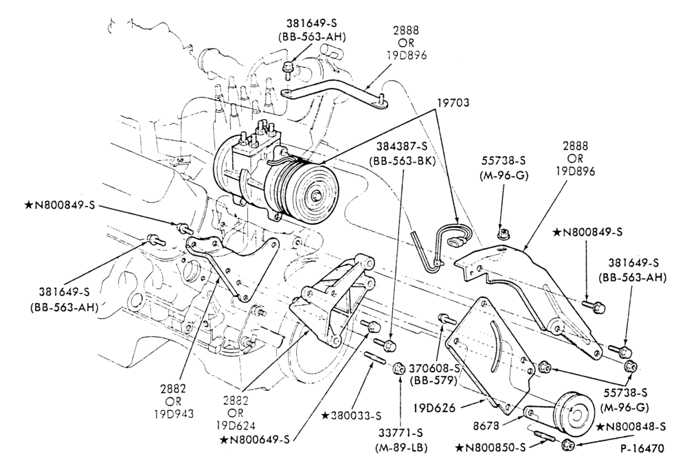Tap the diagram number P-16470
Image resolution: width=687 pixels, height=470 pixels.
pyautogui.click(x=642, y=449)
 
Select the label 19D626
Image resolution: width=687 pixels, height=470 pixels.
pyautogui.click(x=434, y=407)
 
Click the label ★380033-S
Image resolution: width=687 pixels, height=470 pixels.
pyautogui.click(x=351, y=415)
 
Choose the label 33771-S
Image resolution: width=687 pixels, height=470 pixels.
pyautogui.click(x=401, y=434)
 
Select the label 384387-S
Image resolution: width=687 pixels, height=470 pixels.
pyautogui.click(x=402, y=148)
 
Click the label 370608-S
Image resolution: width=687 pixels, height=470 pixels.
pyautogui.click(x=434, y=369)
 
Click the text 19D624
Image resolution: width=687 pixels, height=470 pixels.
pyautogui.click(x=236, y=425)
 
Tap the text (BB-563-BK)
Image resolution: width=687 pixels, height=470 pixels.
pyautogui.click(x=402, y=161)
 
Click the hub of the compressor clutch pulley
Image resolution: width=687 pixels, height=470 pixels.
pyautogui.click(x=315, y=197)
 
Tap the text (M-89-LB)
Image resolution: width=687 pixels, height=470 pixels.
pyautogui.click(x=401, y=447)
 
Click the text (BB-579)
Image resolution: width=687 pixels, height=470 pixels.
pyautogui.click(x=434, y=381)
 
